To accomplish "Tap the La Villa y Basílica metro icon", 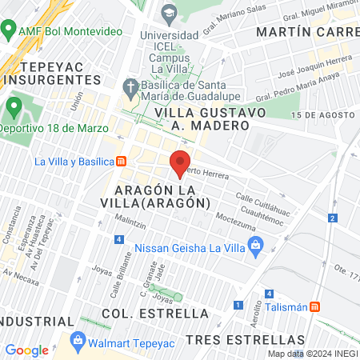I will [x=122, y=161].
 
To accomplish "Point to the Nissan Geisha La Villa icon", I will [x=256, y=247].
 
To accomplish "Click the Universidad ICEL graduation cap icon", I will [x=169, y=13].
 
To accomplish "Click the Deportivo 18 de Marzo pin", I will [x=14, y=106].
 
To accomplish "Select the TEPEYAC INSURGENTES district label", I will [x=51, y=74].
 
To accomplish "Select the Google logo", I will [x=26, y=350].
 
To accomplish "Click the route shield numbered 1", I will [x=238, y=305].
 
